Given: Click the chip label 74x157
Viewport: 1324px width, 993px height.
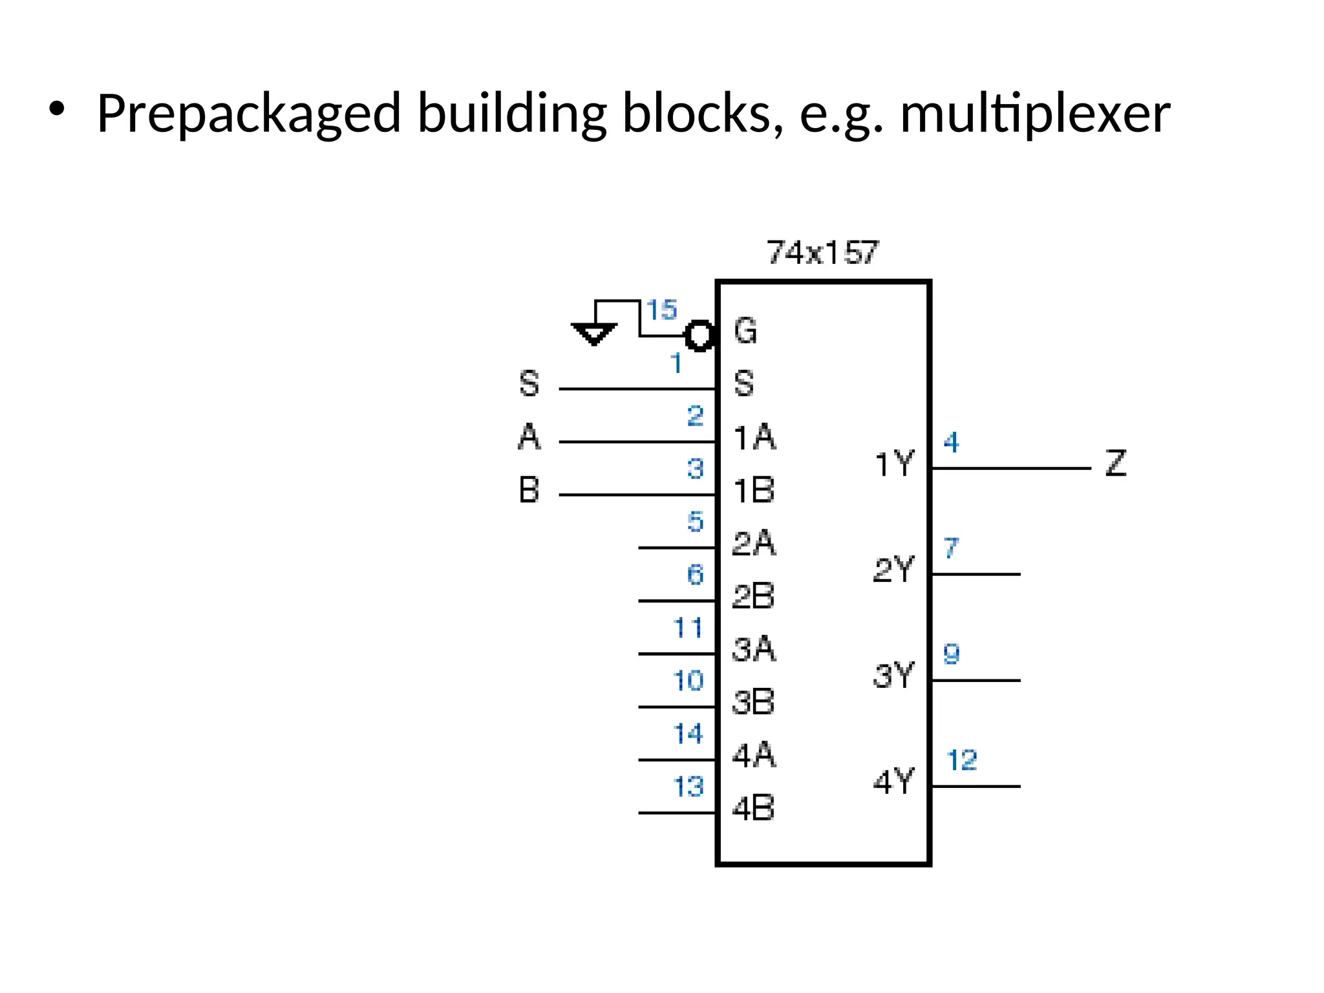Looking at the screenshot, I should point(822,252).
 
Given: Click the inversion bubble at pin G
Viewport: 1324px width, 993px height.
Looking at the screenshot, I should point(699,336).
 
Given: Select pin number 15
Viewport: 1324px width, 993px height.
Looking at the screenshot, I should point(661,310).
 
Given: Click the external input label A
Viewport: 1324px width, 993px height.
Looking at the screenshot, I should point(529,437).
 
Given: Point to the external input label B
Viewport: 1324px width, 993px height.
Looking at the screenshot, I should point(529,490).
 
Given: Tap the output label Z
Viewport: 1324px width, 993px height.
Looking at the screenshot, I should point(1116,464).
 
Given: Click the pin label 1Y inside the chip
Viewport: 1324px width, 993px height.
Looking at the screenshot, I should point(894,464).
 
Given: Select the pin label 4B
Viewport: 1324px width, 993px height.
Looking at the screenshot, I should point(753,808).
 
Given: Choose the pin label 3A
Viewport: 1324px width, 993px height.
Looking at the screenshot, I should point(753,649).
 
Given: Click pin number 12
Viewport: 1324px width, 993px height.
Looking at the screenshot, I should point(961,760).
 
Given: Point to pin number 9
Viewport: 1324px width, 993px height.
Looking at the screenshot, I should point(951,654).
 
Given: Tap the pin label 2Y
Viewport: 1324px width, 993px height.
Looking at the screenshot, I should point(894,570).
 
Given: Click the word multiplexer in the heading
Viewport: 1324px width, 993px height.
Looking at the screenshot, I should point(1034,114).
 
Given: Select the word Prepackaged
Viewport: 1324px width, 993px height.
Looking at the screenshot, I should point(249,114).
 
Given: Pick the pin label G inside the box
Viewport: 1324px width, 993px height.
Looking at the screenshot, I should point(745,331).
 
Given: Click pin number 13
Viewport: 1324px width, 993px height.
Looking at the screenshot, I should point(688,787).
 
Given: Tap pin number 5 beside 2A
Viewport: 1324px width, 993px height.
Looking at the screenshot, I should point(695,521).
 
